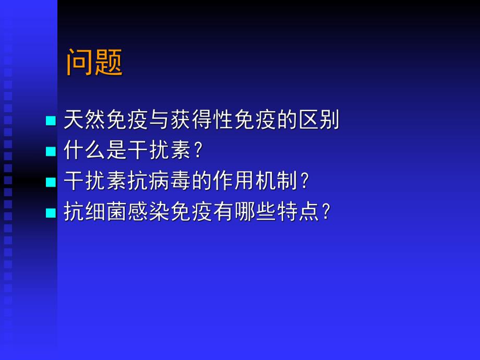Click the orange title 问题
pos(94,63)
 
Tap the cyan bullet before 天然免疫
pos(51,121)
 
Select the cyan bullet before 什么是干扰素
pos(51,152)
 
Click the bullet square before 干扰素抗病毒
pos(51,182)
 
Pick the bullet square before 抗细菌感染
pos(51,213)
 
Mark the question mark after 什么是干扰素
pos(197,151)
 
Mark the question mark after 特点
pos(326,212)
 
